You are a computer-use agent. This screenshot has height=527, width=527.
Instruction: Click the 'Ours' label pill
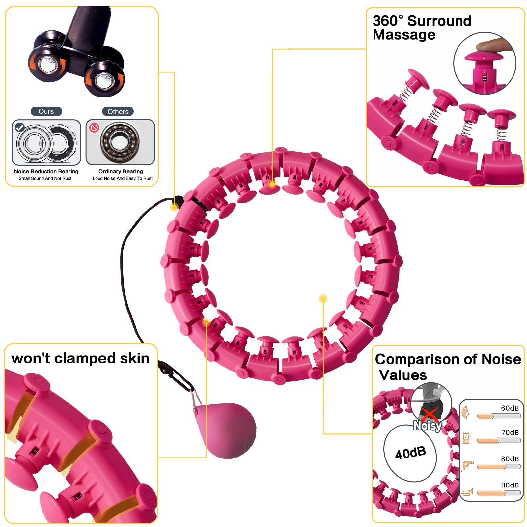46,111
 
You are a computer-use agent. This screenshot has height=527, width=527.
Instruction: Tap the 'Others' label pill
118,111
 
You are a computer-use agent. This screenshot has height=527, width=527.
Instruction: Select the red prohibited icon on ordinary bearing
94,127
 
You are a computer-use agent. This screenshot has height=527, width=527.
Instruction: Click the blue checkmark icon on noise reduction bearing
20,127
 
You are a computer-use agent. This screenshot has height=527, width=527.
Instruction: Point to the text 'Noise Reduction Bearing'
46,171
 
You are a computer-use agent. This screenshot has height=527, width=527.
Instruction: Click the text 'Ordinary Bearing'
121,171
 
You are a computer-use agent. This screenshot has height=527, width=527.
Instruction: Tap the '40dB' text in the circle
410,453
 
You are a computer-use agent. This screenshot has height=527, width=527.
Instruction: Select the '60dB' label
510,408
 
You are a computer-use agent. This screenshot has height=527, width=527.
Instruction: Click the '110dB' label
510,485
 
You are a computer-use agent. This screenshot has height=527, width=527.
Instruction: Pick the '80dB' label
510,459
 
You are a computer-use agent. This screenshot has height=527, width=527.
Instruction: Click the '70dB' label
510,432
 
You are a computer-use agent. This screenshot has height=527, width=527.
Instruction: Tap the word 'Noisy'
428,426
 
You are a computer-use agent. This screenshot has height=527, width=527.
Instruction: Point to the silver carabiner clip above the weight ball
197,400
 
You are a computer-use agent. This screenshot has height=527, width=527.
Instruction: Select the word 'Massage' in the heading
404,35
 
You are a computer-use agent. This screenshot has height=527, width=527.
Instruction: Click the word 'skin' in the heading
134,358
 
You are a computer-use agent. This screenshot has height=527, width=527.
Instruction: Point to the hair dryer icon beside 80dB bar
467,465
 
